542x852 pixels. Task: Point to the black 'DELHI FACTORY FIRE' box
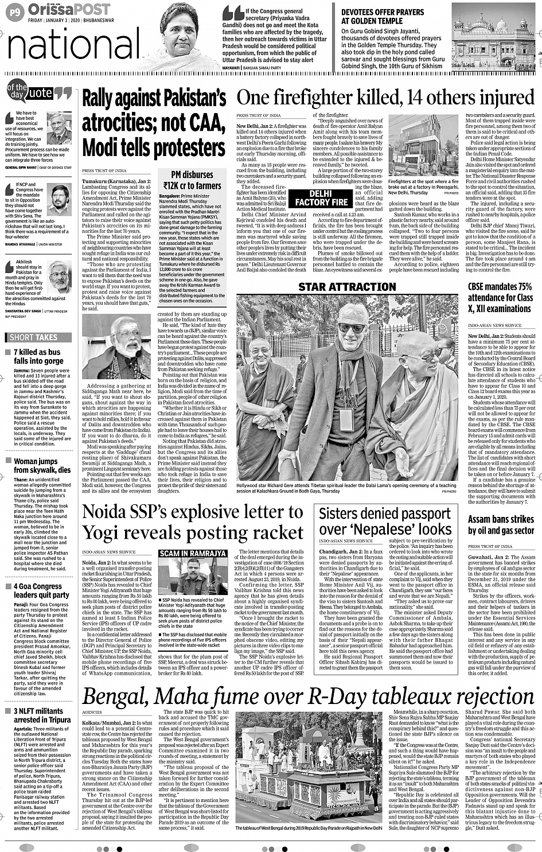click(321, 198)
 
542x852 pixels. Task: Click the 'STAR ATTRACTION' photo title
click(347, 287)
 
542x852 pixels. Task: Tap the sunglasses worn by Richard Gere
click(351, 328)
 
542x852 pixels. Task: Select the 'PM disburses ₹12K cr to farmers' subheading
click(192, 180)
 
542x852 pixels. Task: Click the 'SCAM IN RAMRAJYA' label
click(192, 553)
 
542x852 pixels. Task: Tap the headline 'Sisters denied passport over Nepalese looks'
click(385, 521)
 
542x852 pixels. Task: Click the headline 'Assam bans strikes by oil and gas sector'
click(501, 525)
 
